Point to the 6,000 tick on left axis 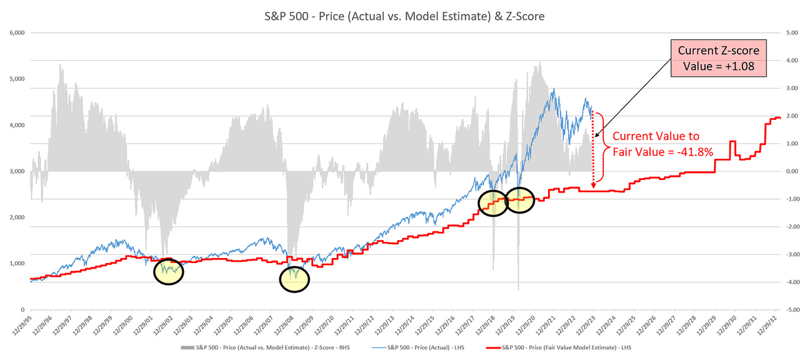15,32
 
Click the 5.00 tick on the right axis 792,32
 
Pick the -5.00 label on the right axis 792,310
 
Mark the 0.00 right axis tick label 792,171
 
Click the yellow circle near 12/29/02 168,271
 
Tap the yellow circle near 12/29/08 295,279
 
